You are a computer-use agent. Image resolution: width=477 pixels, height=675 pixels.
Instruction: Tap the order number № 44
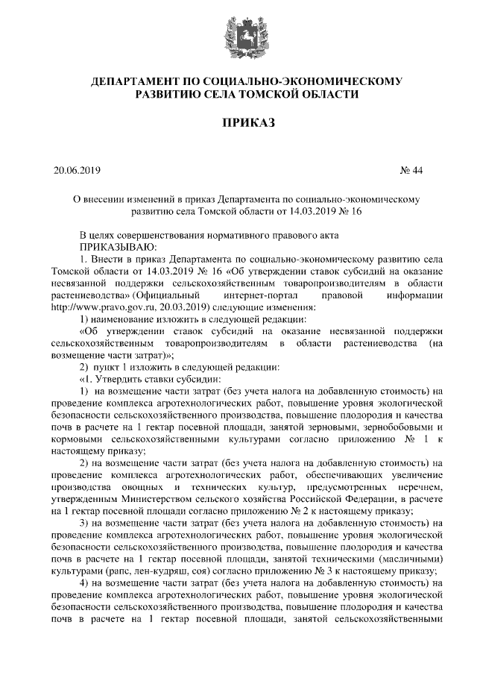pos(411,170)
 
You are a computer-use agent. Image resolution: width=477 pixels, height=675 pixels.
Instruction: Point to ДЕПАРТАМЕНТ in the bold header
pos(146,80)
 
